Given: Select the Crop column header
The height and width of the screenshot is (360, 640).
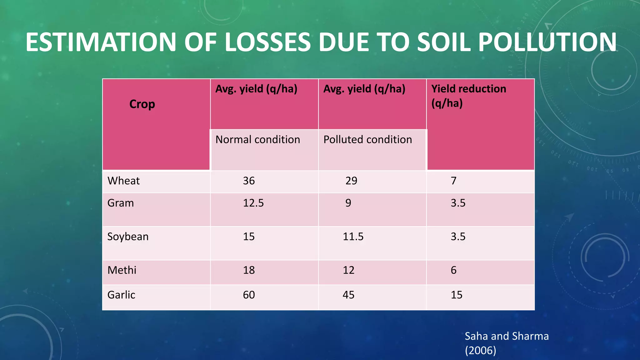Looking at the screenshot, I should (142, 104).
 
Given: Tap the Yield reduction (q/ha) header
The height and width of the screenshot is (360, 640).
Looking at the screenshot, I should (468, 96).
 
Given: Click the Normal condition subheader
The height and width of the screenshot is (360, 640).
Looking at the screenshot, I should (257, 139).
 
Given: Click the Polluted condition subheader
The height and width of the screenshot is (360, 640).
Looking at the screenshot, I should (367, 139).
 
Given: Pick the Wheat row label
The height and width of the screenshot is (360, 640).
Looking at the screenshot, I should (123, 181).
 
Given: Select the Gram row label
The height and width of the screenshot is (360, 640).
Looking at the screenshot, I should (121, 203).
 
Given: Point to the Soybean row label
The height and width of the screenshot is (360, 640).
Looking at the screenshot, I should (128, 237).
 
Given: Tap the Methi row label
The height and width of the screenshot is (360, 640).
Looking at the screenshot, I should (122, 270).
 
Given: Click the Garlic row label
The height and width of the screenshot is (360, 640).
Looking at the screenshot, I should (121, 295).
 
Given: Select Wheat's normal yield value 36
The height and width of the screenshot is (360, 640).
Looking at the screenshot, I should (249, 181).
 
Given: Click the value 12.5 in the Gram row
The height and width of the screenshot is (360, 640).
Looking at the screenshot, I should (253, 203).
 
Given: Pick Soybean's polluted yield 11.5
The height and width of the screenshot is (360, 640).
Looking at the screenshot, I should (353, 237).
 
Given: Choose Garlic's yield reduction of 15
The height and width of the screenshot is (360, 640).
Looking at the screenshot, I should (456, 295).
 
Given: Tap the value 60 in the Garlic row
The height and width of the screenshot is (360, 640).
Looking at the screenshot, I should (249, 295).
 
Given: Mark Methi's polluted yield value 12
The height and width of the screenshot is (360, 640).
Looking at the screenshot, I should (348, 270).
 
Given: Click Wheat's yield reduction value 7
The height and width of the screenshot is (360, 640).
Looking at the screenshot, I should (453, 181).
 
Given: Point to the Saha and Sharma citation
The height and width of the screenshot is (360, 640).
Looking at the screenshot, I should (506, 343).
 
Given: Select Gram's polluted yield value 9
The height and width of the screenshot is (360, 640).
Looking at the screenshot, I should (348, 203).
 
